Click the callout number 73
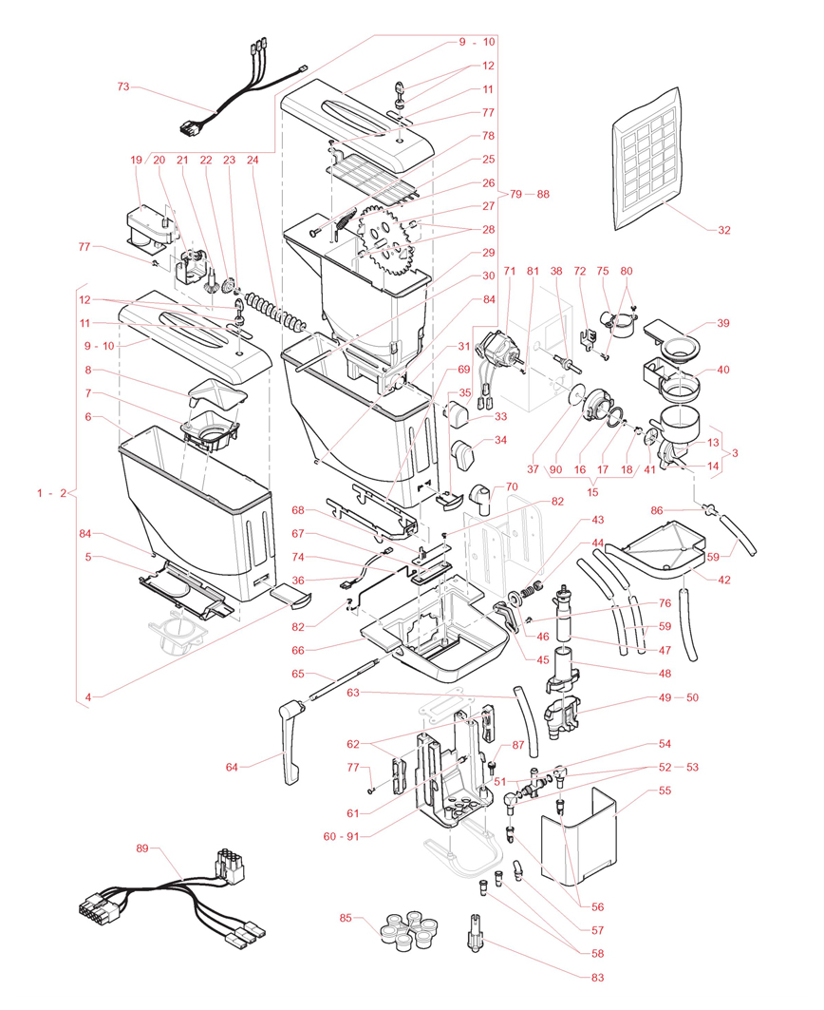122,87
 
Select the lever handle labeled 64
292,741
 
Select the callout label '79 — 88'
530,194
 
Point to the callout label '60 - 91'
346,835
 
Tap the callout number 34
500,440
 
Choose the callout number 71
509,271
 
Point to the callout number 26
488,182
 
